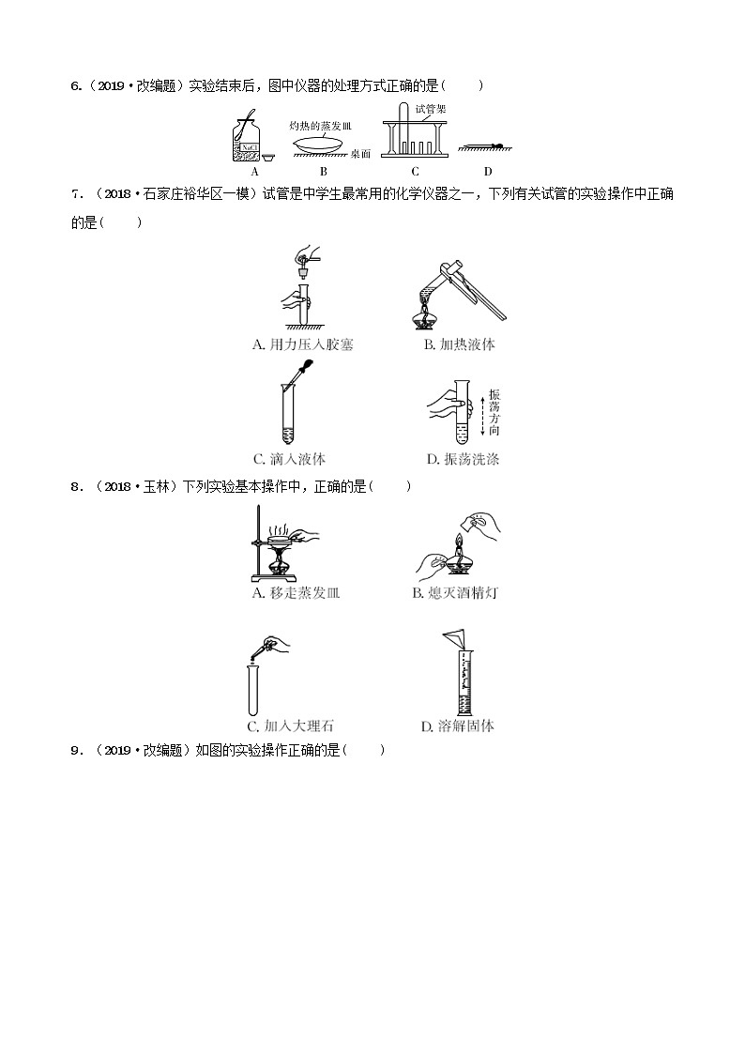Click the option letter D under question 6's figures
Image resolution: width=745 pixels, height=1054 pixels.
tap(487, 172)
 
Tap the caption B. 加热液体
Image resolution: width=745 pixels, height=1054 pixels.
tap(459, 344)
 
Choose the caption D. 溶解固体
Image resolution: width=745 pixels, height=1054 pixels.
tap(458, 726)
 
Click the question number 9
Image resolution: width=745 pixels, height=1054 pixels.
tap(74, 750)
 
